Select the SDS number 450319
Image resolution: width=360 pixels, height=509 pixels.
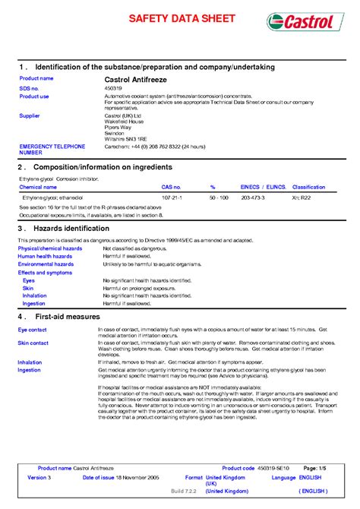tap(113, 87)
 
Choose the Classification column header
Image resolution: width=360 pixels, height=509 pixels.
tap(309, 186)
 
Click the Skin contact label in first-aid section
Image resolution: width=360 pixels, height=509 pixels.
tap(33, 343)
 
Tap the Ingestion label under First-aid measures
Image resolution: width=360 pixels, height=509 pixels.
tap(30, 370)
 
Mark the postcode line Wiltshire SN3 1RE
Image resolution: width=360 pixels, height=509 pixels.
tap(125, 139)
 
